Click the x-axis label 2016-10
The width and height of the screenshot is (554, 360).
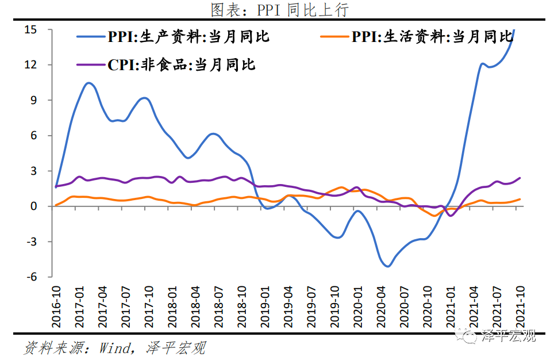click(x=56, y=305)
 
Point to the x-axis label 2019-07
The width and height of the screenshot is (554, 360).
click(x=311, y=305)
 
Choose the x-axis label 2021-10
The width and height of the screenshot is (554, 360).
click(x=520, y=305)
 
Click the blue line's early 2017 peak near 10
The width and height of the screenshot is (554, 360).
click(x=88, y=83)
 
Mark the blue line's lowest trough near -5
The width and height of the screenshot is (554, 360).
click(x=388, y=266)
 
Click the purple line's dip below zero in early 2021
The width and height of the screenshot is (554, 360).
click(x=450, y=215)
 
